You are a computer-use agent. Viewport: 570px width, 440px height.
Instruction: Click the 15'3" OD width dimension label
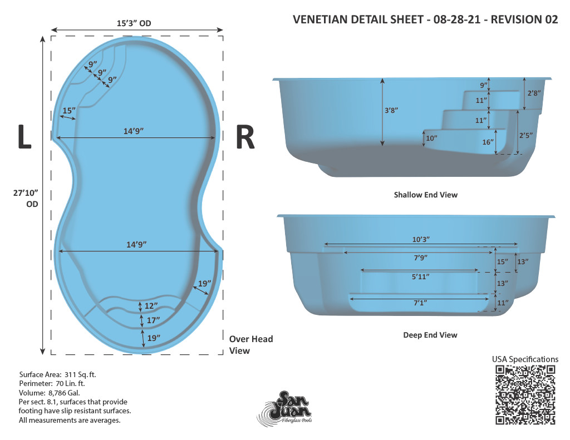134,23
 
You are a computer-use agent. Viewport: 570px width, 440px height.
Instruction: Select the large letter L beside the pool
24,137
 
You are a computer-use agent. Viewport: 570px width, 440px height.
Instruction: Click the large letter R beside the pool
245,137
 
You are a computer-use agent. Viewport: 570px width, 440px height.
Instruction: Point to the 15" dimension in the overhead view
69,111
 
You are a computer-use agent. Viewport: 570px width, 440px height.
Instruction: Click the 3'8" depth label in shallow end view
391,110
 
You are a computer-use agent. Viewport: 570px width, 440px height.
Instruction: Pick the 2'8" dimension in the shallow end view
534,93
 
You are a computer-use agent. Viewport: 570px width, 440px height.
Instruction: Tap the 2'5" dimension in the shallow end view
525,135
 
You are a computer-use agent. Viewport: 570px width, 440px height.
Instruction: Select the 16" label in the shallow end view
488,142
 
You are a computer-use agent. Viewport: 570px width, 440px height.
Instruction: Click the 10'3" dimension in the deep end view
421,239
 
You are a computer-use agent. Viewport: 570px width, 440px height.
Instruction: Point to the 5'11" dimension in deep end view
421,276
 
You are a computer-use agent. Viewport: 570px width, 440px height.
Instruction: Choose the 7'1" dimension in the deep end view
420,303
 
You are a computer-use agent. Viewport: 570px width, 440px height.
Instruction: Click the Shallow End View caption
426,195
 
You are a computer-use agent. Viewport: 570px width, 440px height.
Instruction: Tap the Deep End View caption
430,335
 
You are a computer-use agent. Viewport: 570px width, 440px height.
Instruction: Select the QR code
525,395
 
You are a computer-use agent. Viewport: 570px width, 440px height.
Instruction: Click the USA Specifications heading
525,359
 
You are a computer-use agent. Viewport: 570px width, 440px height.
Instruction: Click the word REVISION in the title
516,19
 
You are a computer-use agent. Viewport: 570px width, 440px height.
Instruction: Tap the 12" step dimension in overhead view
151,306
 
